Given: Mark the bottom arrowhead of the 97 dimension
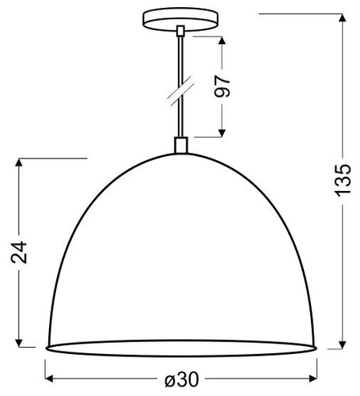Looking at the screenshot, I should point(225,131).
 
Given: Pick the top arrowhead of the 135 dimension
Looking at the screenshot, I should point(343,17).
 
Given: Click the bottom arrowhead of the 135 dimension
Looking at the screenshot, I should point(343,345).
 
